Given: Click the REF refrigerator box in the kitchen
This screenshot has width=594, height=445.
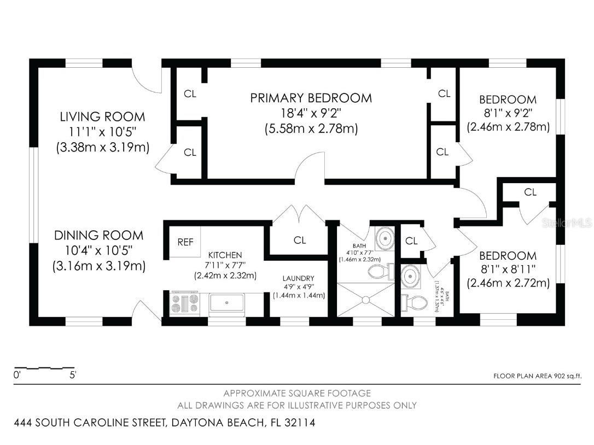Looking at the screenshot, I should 185,242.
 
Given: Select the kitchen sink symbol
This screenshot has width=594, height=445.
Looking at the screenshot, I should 229,303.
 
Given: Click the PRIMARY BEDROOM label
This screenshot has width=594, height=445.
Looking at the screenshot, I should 311,98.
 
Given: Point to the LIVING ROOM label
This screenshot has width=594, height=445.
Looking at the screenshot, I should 102,116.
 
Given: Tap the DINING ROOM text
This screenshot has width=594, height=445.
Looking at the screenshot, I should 98,236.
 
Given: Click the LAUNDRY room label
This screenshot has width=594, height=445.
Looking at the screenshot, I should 298,278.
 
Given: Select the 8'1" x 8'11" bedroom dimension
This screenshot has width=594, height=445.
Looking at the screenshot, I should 508,269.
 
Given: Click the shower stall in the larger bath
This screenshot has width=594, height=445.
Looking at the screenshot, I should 365,300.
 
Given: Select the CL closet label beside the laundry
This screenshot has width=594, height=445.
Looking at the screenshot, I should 300,240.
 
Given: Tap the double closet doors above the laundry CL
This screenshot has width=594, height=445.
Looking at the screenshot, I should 299,214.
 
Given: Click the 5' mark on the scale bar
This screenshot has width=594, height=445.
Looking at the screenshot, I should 72,376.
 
